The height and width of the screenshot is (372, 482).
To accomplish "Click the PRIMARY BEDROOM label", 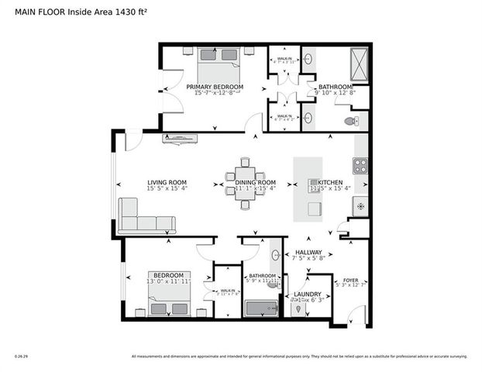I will (215, 87).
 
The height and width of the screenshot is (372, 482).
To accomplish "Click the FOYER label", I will (351, 280).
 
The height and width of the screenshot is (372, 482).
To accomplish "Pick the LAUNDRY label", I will (307, 294).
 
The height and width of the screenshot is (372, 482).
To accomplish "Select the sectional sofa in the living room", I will (144, 218).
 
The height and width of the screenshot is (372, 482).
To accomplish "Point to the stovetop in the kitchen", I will (360, 165).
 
